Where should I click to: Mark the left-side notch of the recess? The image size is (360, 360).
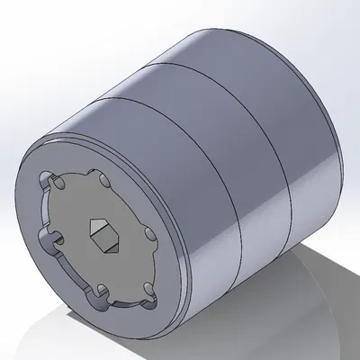point(50,237)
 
